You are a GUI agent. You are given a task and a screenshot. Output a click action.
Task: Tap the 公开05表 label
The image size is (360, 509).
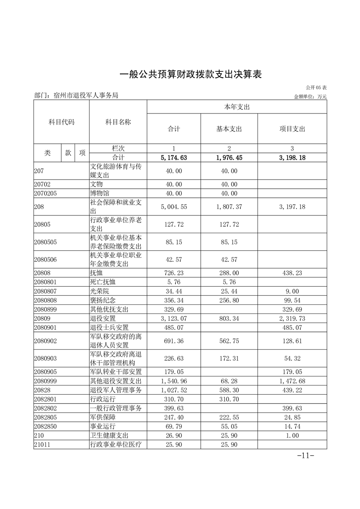316,87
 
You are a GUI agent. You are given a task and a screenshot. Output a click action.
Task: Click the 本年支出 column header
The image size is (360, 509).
237,107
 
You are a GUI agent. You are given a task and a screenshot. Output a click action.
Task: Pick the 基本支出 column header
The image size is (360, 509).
229,129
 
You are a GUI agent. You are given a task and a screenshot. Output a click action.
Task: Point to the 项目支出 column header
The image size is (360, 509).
292,129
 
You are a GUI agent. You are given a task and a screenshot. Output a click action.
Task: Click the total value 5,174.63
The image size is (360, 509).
173,157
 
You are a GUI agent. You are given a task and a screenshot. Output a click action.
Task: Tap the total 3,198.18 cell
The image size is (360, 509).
292,157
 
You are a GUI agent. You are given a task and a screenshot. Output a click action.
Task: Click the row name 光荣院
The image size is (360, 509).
100,290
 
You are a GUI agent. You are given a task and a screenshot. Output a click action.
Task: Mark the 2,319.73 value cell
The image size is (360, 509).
292,318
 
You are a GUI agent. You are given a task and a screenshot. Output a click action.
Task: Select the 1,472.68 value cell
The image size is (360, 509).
292,381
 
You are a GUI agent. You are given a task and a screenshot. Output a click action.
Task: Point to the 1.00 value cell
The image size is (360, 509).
292,436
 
